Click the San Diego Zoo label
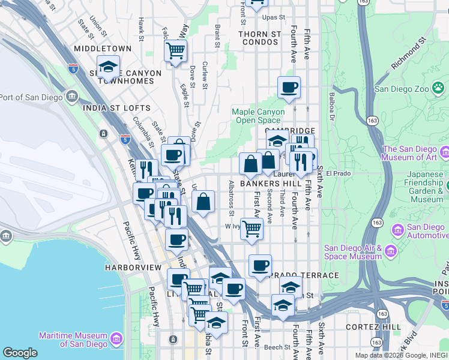pyautogui.click(x=402, y=89)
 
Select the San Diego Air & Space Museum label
pyautogui.click(x=353, y=252)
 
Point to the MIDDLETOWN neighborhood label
pyautogui.click(x=103, y=48)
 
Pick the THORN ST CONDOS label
pyautogui.click(x=259, y=38)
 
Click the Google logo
pyautogui.click(x=20, y=353)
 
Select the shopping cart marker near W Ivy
pyautogui.click(x=252, y=229)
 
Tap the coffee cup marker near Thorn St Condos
pyautogui.click(x=289, y=88)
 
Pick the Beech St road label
pyautogui.click(x=277, y=347)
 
